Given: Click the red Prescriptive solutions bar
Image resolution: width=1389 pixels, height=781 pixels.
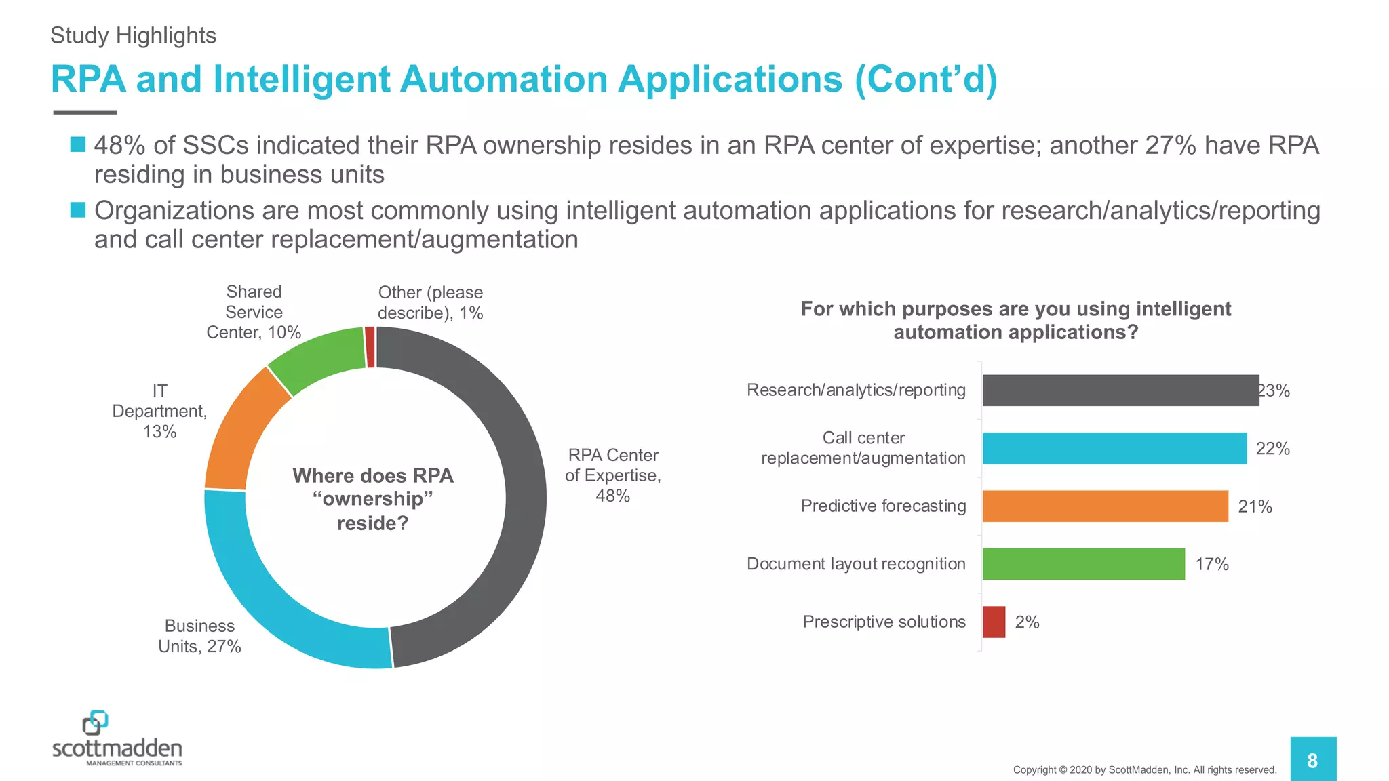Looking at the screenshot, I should coord(994,622).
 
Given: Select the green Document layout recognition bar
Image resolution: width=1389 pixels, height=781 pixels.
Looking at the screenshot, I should coord(1083,564).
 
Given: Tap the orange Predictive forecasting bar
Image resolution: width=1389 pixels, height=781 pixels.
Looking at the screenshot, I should coord(1105,506).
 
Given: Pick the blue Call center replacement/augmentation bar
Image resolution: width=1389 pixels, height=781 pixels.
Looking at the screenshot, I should coord(1114,448).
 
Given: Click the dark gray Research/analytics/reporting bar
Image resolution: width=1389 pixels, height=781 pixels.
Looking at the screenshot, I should coord(1120,390).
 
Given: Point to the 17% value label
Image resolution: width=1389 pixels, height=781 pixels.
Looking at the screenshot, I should coord(1211,564).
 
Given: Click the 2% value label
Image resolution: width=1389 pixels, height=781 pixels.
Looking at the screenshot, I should coord(1027,622).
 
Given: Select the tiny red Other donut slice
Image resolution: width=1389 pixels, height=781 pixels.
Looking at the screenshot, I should coord(370,347).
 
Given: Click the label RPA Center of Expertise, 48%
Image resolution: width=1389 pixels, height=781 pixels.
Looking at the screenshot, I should coord(612,475).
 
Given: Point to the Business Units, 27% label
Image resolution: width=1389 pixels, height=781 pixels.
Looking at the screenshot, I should coord(199,636).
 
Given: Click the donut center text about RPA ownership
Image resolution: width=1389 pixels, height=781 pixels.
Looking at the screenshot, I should coord(373,499).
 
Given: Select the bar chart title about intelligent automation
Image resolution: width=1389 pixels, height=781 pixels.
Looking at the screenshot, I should coord(1015,320).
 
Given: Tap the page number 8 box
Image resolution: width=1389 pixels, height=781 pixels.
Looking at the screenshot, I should coord(1312,760).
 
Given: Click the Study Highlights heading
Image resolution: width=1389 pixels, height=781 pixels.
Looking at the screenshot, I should coord(133,35).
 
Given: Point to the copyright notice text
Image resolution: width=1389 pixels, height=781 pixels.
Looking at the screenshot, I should coord(1144,770).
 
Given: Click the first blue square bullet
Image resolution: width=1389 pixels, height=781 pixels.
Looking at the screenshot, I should coord(78,144).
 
